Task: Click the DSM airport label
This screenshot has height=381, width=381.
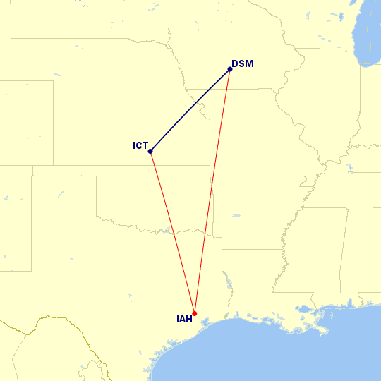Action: coord(243,64)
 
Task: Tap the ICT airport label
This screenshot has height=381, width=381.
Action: coord(140,146)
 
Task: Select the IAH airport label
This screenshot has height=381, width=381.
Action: coord(183,319)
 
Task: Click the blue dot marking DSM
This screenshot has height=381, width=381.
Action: coord(230,69)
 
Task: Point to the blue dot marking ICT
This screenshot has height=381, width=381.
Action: coord(151,151)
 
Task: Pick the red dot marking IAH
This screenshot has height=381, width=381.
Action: coord(195,313)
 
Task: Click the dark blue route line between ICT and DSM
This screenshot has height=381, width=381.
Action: coord(190,110)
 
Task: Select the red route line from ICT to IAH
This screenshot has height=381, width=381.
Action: coord(173,232)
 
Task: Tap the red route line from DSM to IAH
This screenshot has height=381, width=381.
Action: coord(212,191)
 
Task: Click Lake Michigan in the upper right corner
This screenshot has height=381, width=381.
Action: coord(370,35)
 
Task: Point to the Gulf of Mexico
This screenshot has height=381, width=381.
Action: coord(282,353)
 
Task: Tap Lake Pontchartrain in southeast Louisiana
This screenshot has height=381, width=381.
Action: coord(306,308)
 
